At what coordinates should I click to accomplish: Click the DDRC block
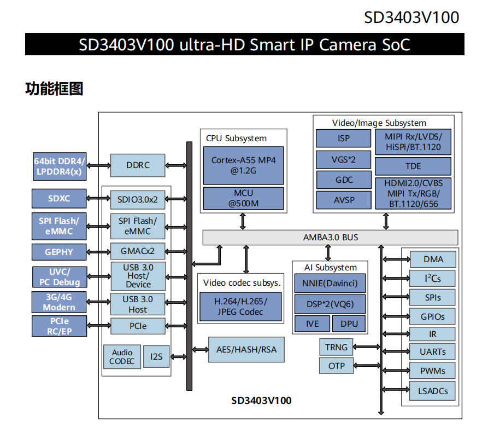click(x=138, y=165)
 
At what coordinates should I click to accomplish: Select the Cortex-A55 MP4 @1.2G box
click(x=244, y=165)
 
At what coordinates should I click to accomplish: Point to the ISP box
click(x=343, y=138)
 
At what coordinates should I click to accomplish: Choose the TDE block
click(x=413, y=166)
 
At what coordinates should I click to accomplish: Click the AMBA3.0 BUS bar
click(x=330, y=238)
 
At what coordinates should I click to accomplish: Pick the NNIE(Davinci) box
click(x=330, y=284)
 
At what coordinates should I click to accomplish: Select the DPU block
click(x=349, y=324)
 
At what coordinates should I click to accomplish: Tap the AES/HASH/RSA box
click(x=246, y=349)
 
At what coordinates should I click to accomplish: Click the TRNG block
click(x=336, y=347)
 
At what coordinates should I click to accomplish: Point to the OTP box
click(x=336, y=365)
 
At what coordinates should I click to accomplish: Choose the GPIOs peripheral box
click(x=432, y=316)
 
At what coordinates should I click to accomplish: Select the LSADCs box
click(x=432, y=390)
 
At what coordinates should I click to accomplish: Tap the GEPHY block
click(x=59, y=252)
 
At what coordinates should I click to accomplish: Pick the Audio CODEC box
click(x=122, y=357)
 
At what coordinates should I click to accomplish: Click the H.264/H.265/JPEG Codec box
click(x=240, y=307)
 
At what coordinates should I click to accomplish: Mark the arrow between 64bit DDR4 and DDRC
click(x=98, y=165)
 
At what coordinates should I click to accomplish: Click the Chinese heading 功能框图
click(x=54, y=89)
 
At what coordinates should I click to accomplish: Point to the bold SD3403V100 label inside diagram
click(x=261, y=400)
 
